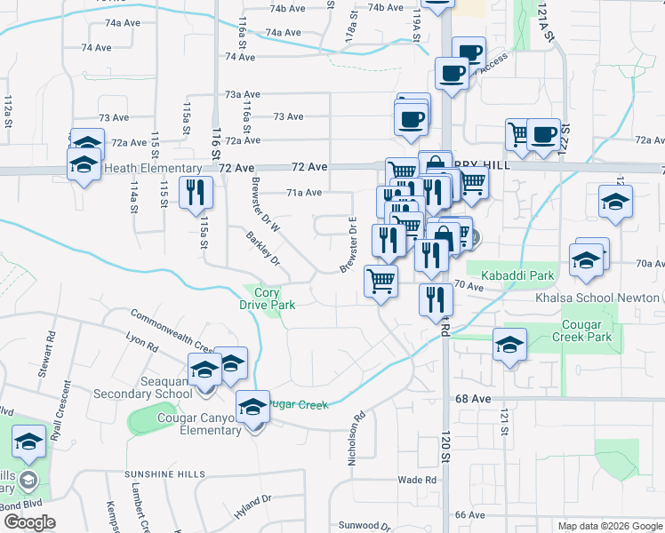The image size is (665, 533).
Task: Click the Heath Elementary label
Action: coord(153,169)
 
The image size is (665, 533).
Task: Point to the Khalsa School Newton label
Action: coord(610,297)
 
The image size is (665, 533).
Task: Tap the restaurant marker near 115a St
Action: coord(196,194)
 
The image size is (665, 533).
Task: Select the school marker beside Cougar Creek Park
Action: coord(509,346)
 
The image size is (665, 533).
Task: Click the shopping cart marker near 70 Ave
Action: coord(381,281)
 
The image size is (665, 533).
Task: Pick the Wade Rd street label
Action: coord(417,480)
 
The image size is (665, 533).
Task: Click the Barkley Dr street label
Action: coord(263,250)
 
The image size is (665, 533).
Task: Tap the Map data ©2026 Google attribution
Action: coord(610,526)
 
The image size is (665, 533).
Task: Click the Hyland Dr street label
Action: coord(252,509)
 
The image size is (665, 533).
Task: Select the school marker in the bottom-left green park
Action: coord(29,442)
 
